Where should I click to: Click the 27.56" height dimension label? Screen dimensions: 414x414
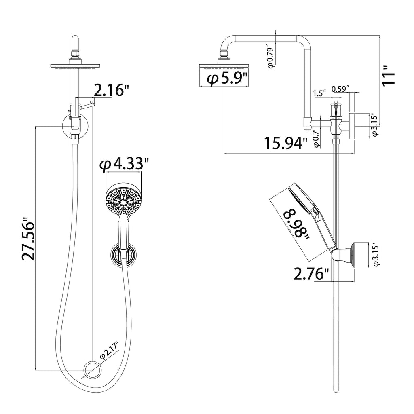(x=28, y=239)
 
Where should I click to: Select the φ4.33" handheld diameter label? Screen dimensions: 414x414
(x=124, y=165)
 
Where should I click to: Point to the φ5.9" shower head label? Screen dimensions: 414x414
(x=227, y=78)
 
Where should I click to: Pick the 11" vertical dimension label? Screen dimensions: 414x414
(x=389, y=76)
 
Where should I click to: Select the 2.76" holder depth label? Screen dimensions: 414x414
(x=312, y=274)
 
